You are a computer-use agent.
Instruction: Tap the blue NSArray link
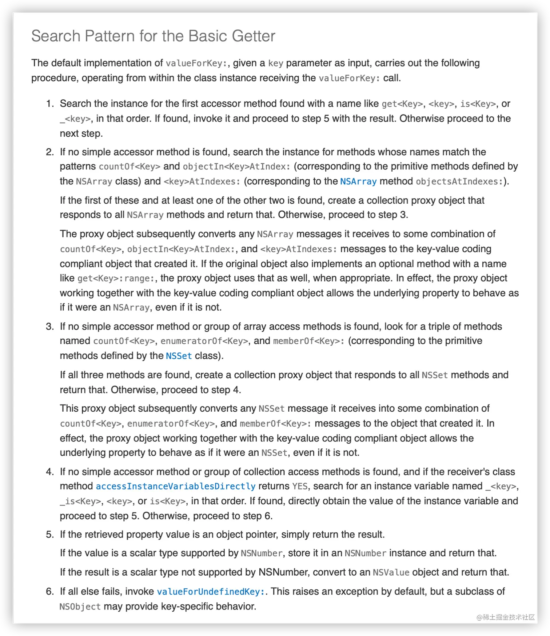click(x=358, y=181)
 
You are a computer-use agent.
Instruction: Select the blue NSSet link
click(x=179, y=356)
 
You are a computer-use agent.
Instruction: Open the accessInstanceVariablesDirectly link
click(x=176, y=486)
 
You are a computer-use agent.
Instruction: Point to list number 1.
click(x=50, y=104)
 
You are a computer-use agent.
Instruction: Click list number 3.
click(x=50, y=327)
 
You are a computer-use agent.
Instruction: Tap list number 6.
click(x=50, y=592)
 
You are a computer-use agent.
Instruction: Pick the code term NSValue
click(x=391, y=572)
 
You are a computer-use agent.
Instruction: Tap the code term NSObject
click(x=80, y=607)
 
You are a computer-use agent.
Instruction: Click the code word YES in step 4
click(x=300, y=486)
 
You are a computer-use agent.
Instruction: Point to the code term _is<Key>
click(x=80, y=501)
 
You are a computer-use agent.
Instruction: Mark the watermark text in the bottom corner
click(x=506, y=617)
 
